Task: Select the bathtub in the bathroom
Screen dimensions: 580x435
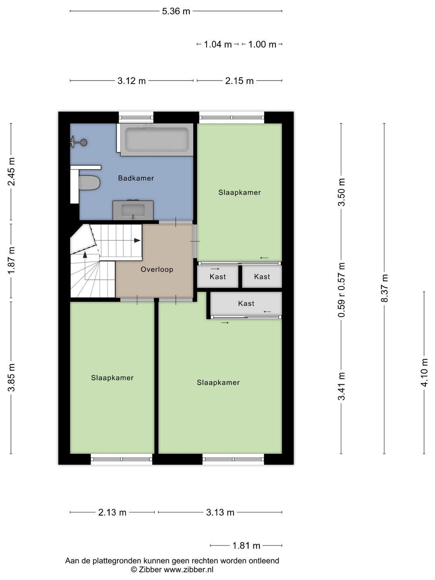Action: coord(157,139)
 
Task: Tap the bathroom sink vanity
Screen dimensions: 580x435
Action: coord(133,210)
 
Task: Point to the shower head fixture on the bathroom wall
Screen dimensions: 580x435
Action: coord(79,142)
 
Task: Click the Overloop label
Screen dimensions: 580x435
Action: coord(157,269)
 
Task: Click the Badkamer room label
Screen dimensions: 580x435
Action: coord(136,178)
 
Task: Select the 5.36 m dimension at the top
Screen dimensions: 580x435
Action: coord(176,11)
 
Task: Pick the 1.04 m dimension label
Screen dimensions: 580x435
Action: coord(217,44)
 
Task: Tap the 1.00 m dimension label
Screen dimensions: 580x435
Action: coord(262,44)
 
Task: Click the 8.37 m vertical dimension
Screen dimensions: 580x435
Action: coord(384,288)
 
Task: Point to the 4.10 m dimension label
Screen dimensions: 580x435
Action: coord(424,372)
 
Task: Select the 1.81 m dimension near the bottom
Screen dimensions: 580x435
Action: coord(246,546)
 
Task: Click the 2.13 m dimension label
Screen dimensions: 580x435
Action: coord(112,512)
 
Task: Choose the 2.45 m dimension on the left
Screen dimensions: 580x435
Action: coord(11,171)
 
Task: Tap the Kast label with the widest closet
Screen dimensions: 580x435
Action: coord(246,304)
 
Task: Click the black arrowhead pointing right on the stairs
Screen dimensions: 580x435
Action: coord(137,240)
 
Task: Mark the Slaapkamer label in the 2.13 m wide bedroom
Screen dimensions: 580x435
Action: coord(112,378)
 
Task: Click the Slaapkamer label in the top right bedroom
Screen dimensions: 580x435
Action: coord(240,193)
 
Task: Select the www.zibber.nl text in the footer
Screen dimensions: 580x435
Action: coord(188,570)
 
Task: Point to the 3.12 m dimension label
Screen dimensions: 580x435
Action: coord(132,81)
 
